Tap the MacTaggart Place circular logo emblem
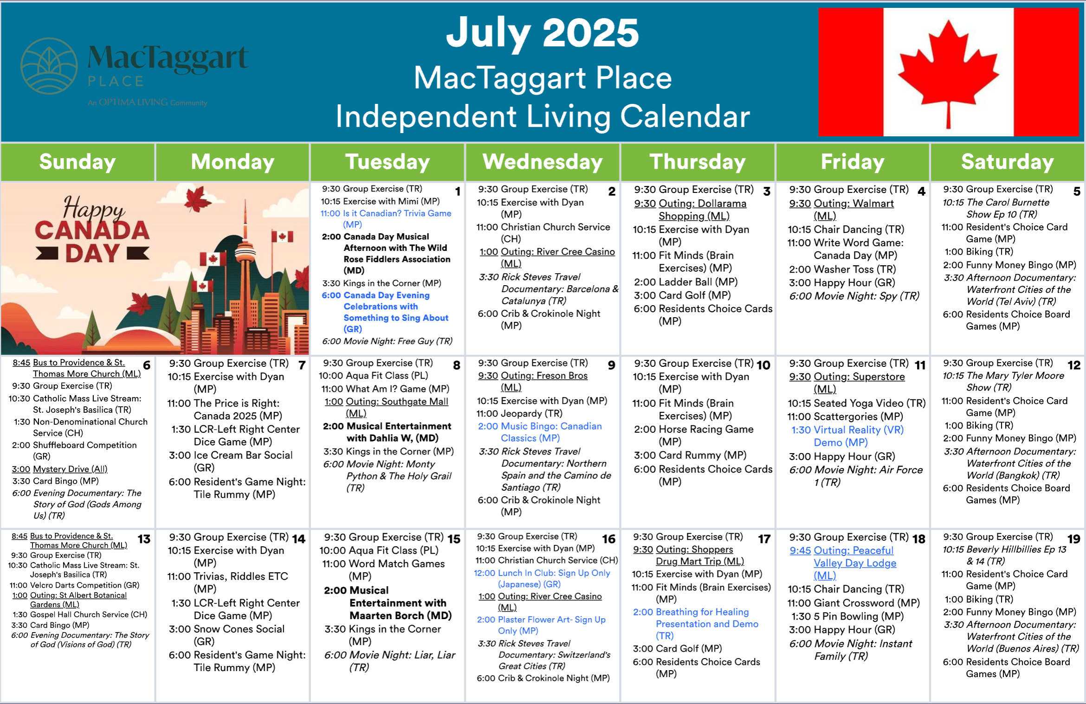[x=49, y=66]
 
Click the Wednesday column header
[x=543, y=162]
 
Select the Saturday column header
[x=1008, y=162]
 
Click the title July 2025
[x=543, y=32]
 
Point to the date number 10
[x=763, y=365]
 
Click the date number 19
[x=1074, y=539]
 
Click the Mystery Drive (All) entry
[x=60, y=469]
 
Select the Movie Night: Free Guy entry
[x=387, y=341]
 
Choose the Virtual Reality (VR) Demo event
[x=847, y=436]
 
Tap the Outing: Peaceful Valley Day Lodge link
[x=843, y=563]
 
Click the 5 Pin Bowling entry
[x=847, y=616]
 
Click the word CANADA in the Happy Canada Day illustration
[x=92, y=230]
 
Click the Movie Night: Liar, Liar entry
[x=390, y=661]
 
